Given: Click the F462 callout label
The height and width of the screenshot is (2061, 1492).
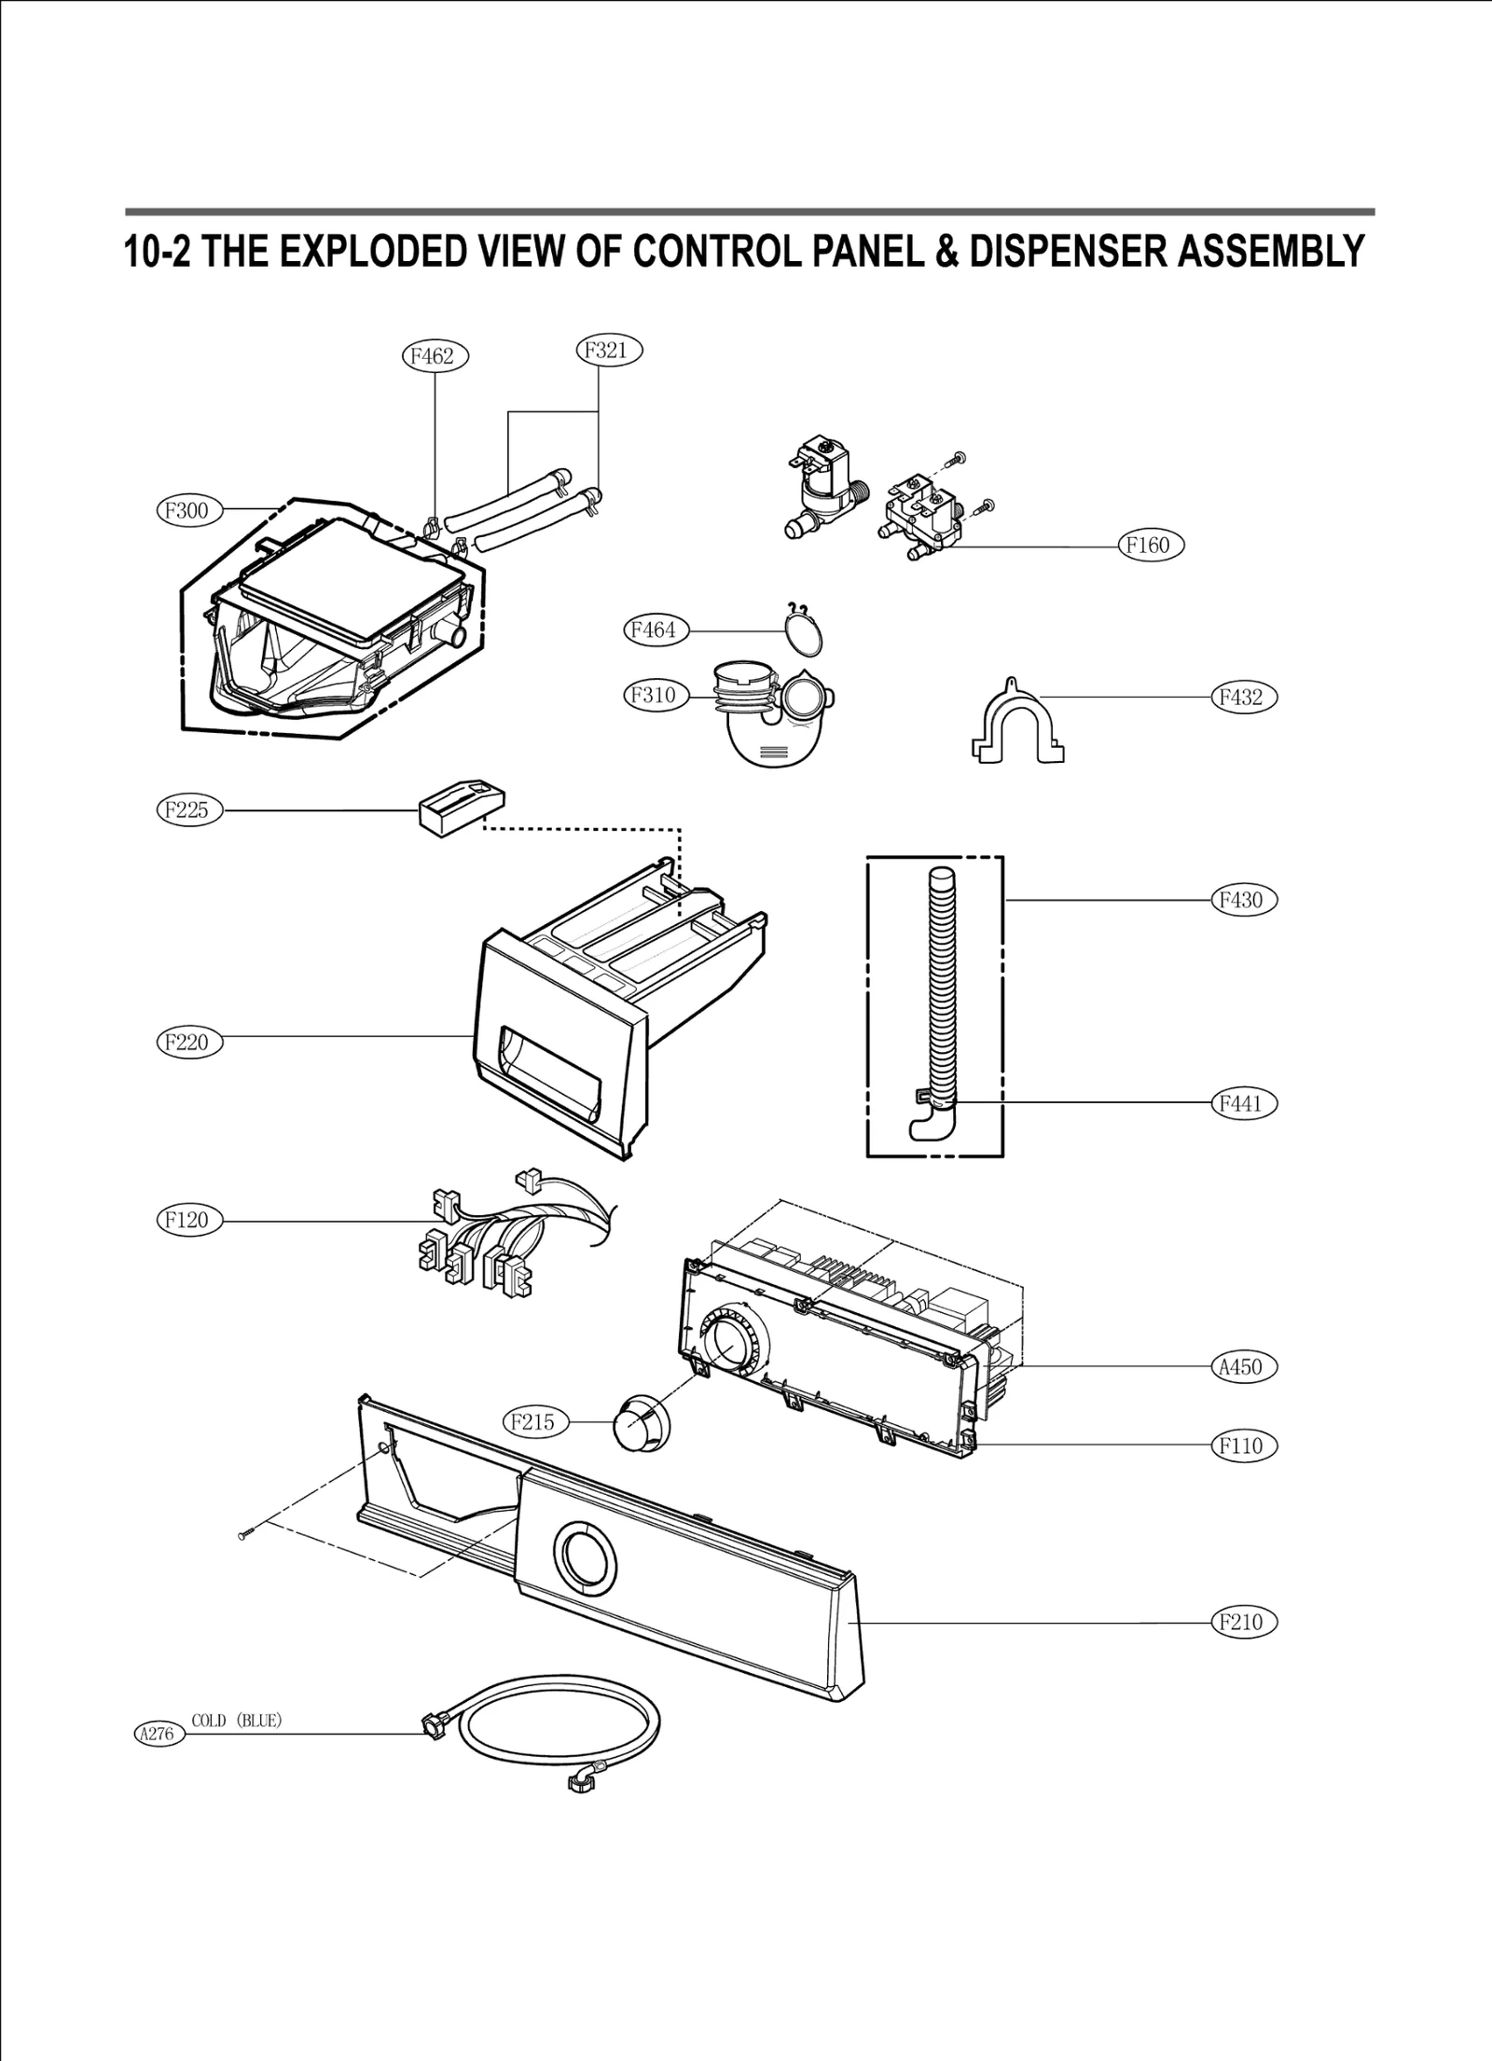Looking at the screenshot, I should [434, 356].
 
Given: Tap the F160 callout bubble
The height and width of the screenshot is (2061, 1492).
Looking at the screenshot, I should [1151, 546].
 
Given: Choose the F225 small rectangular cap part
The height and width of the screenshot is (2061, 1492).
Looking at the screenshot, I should [462, 805].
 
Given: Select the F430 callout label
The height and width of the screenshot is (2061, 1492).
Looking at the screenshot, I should [1243, 900].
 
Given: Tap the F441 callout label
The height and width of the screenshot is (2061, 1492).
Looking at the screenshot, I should [1243, 1103].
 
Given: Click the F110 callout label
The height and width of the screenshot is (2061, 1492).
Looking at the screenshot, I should [1243, 1446].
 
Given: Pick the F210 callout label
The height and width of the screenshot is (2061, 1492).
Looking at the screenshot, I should [1243, 1622].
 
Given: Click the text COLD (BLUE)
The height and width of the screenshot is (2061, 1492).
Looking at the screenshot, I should [237, 1721].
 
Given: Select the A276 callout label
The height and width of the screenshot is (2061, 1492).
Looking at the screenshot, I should [157, 1735].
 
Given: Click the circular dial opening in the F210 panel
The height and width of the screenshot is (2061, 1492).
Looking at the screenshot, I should [586, 1555].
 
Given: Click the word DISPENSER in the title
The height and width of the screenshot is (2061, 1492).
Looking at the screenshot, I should [1067, 252].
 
